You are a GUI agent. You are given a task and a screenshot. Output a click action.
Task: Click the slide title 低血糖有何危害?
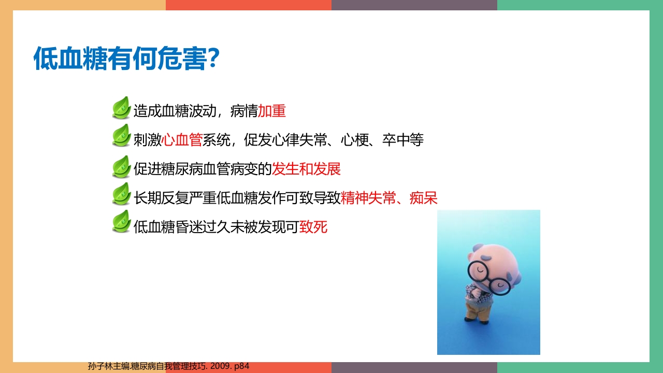127,59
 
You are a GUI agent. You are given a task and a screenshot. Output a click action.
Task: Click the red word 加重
272,111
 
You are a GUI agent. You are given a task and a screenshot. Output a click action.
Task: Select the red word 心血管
182,139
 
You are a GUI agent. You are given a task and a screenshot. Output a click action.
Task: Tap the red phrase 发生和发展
306,169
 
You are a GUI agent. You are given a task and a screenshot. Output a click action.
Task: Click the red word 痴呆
424,197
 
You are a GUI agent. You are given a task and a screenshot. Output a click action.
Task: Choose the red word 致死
313,227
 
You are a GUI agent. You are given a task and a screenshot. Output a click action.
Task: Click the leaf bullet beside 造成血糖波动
121,108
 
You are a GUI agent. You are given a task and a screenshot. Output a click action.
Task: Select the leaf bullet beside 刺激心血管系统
121,136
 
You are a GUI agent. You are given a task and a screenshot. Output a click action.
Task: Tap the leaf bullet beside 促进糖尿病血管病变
121,166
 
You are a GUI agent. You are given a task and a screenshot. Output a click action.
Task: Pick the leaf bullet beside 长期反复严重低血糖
121,194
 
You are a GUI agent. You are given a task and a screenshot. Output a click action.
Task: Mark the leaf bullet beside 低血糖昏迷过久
121,222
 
